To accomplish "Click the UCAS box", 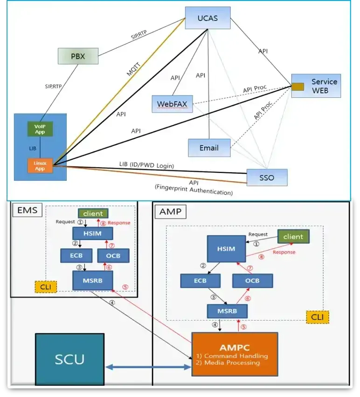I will [x=208, y=19].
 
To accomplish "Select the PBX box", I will [x=78, y=57].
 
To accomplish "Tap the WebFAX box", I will [x=172, y=103].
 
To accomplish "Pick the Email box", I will [x=209, y=148].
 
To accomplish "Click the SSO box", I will [x=267, y=178].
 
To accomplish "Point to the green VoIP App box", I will [x=40, y=129].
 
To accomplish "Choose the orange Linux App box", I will [x=40, y=165].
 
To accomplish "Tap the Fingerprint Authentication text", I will [x=194, y=192].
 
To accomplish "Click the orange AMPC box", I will [x=235, y=354].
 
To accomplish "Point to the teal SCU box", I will [x=70, y=359].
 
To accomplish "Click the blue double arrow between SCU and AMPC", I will [x=148, y=368].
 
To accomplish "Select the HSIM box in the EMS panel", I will [x=93, y=233].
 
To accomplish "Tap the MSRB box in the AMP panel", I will [x=227, y=311].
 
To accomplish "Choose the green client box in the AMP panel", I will [x=293, y=236].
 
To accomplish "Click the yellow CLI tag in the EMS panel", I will [x=45, y=287].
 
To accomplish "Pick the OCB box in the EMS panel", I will [x=113, y=255].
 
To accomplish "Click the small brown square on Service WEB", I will [x=298, y=86].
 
